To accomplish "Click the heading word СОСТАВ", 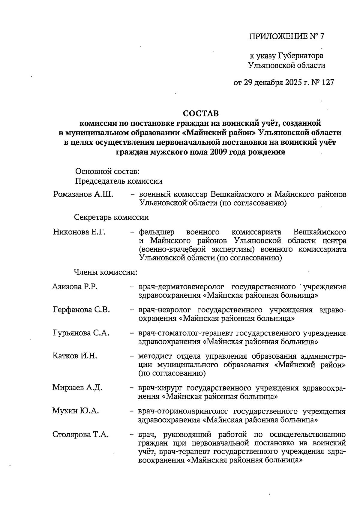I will click(201, 113).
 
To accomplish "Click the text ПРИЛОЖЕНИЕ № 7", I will click(287, 36).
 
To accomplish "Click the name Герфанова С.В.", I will click(81, 310).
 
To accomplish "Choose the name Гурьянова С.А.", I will click(81, 333).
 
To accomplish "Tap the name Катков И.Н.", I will click(75, 356).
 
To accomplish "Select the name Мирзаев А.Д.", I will click(77, 387).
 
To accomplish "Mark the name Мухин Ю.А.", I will click(76, 411).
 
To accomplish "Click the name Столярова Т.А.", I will click(80, 434).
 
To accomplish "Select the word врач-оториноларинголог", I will click(183, 411).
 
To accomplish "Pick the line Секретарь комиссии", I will click(111, 217).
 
